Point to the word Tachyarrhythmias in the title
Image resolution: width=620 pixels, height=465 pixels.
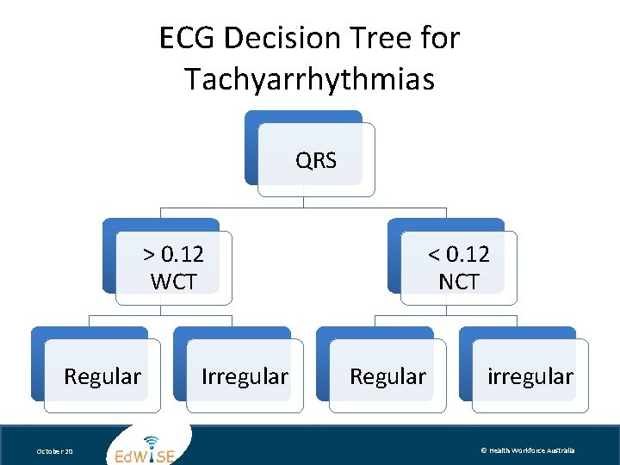[x=309, y=80]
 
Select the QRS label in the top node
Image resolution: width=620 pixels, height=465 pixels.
[x=316, y=161]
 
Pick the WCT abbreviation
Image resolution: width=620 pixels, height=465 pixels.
[x=173, y=282]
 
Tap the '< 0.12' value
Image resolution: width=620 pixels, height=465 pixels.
[x=459, y=254]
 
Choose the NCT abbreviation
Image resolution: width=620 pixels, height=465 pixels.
[x=459, y=282]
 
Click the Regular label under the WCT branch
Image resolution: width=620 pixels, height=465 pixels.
[x=102, y=376]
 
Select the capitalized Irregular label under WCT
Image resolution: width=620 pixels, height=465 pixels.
[x=245, y=376]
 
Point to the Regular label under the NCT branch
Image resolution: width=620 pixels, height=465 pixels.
[x=387, y=376]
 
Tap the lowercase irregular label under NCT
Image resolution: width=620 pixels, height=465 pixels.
[x=530, y=376]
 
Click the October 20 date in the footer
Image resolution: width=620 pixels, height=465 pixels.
[x=56, y=451]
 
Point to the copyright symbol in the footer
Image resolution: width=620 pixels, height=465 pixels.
[x=484, y=450]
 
